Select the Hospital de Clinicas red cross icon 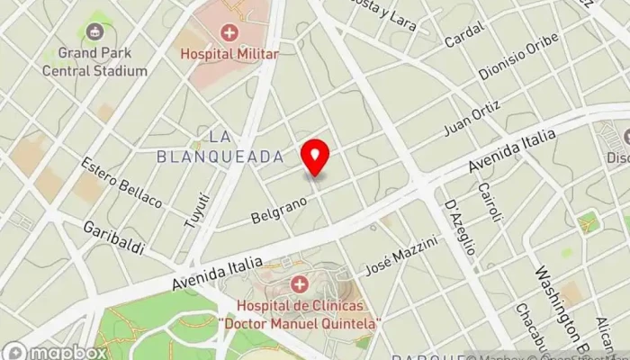point(299,285)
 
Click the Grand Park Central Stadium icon point(94,31)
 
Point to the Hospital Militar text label point(229,54)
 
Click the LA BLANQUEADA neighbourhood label point(220,146)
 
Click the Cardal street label point(466,34)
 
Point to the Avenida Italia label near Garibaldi point(219,274)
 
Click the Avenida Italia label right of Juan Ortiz point(514,148)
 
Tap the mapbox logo point(54,351)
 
